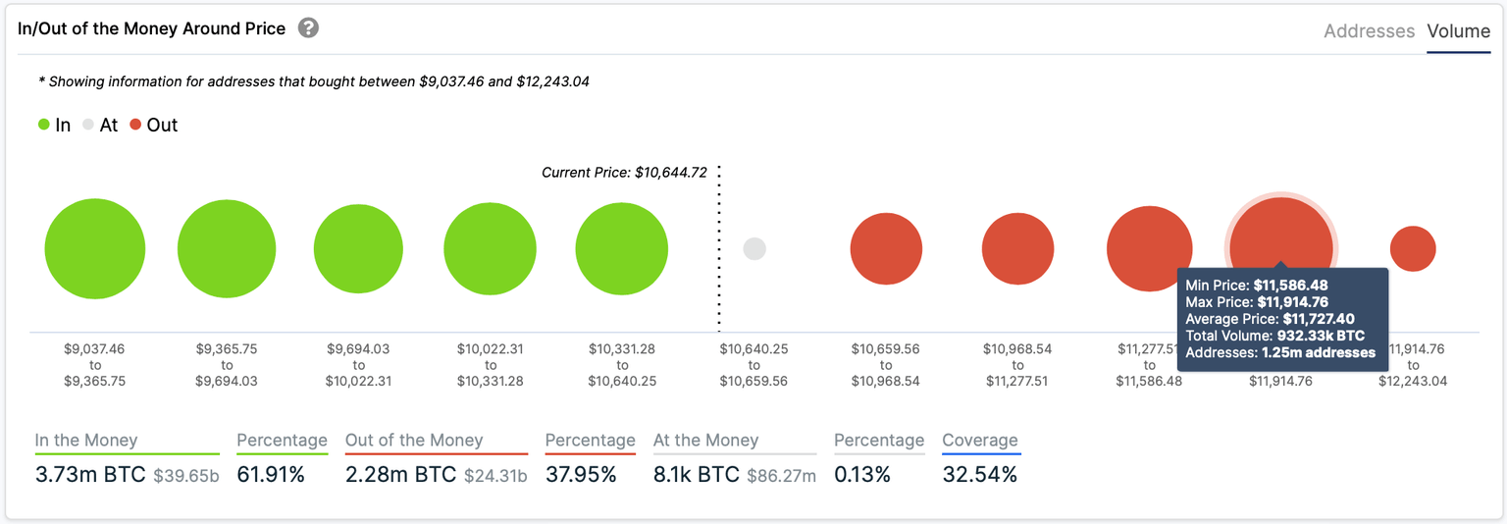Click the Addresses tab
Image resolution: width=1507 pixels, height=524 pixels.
point(1369,31)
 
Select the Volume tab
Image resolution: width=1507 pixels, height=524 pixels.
point(1458,31)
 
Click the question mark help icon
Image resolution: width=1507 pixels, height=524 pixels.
point(308,27)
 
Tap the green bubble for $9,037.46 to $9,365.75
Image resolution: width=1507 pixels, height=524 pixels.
point(95,249)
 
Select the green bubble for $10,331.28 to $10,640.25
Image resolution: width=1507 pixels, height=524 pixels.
point(622,249)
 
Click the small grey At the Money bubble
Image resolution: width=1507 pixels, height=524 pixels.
point(753,249)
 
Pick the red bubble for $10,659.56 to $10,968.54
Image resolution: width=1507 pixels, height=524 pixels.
point(886,249)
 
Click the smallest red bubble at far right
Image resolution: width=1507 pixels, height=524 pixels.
point(1413,249)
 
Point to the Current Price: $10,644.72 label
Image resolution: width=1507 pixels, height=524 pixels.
point(624,173)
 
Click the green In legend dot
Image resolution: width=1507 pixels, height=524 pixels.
point(44,125)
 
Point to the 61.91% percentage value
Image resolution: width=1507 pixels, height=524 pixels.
point(271,475)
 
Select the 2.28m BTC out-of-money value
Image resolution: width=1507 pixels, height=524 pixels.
point(400,475)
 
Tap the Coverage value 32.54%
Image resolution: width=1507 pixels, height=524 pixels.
point(979,475)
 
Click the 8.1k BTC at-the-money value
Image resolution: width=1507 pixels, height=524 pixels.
point(696,475)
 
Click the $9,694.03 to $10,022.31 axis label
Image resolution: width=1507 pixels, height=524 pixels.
point(358,364)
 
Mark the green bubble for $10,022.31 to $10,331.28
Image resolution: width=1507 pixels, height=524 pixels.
point(490,249)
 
